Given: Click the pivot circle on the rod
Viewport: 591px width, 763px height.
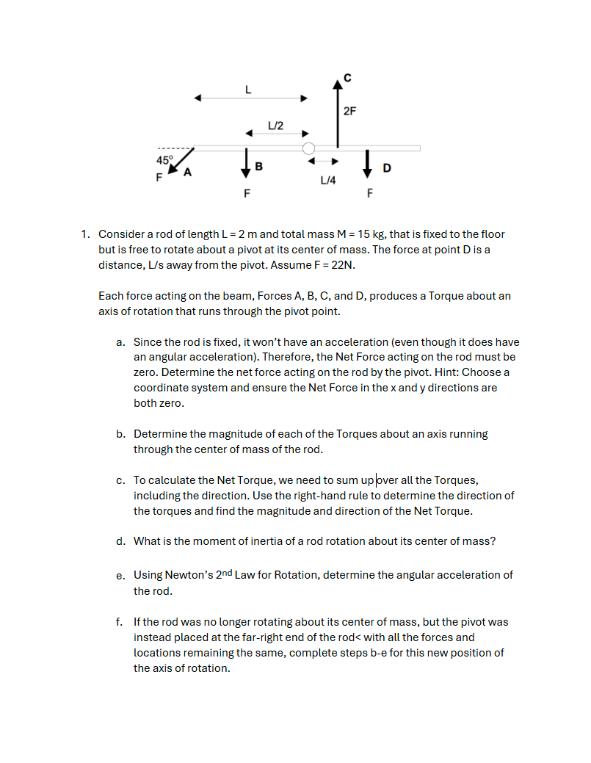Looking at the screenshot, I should click(309, 148).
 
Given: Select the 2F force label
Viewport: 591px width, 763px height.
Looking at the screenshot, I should click(349, 112).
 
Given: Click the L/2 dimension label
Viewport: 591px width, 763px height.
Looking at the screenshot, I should click(276, 124).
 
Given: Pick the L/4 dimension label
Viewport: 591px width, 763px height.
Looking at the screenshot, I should click(328, 180).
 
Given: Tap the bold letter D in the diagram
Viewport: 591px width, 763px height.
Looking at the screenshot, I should click(386, 169).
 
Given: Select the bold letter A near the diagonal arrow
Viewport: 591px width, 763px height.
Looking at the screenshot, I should click(188, 173).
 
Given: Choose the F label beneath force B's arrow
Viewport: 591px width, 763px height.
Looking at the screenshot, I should click(247, 195).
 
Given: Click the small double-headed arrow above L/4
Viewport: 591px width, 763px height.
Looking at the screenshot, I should click(322, 162).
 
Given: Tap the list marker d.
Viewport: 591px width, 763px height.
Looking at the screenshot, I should click(120, 541).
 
